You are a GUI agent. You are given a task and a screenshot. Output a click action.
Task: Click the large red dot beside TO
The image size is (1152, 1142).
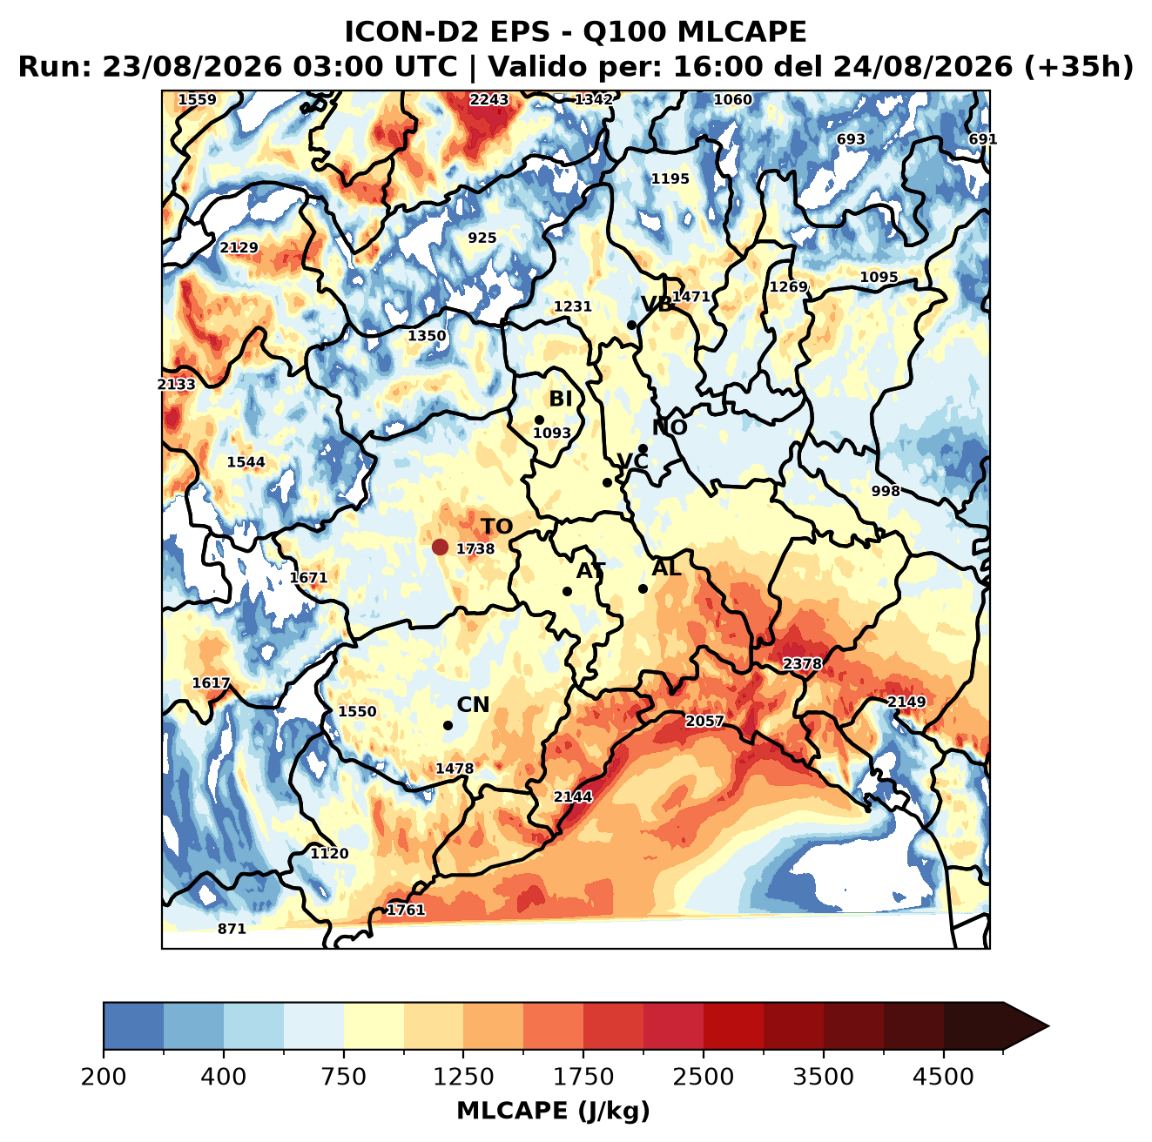point(440,547)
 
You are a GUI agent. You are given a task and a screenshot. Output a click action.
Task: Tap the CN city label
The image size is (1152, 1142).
point(473,705)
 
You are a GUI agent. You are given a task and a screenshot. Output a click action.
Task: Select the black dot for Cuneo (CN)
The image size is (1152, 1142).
point(448,725)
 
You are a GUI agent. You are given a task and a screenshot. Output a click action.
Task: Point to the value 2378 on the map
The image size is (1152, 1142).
point(802,663)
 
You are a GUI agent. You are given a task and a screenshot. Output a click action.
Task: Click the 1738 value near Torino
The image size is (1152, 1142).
point(475,548)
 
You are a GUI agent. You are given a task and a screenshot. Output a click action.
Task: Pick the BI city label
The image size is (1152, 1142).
point(560,399)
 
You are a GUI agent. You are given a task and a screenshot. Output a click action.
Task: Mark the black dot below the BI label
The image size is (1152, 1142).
point(539,420)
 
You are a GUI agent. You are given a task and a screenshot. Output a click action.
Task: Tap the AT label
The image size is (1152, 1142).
point(590,571)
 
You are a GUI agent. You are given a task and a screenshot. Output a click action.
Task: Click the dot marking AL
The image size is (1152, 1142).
point(643,588)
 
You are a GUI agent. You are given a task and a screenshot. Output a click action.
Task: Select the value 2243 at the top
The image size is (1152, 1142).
point(489,100)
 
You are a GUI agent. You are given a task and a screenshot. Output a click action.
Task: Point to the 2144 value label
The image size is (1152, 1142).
point(573,796)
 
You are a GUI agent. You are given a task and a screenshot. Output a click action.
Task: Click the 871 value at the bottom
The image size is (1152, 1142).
point(232,929)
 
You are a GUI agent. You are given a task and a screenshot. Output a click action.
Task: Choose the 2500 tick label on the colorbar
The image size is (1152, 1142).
point(703,1077)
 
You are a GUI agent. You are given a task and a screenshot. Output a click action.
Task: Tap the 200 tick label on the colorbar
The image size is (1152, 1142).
point(104,1077)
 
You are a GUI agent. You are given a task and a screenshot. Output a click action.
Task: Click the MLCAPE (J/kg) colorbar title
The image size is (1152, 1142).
point(553,1111)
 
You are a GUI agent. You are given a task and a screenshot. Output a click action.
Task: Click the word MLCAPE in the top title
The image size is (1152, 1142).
point(741,31)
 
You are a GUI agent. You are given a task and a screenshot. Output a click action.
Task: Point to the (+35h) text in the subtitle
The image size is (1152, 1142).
point(1079,67)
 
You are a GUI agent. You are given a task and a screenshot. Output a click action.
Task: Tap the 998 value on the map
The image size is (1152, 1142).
point(886,491)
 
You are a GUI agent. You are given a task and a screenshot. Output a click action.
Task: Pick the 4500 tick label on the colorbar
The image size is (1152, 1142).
point(943,1077)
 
